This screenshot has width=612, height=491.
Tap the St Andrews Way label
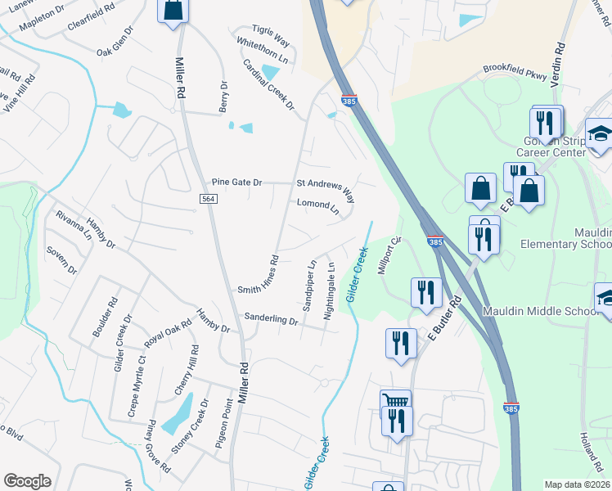pyautogui.click(x=326, y=190)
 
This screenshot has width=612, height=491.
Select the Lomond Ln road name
pyautogui.click(x=317, y=205)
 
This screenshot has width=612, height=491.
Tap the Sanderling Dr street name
pyautogui.click(x=271, y=320)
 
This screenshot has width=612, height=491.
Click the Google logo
pyautogui.click(x=27, y=481)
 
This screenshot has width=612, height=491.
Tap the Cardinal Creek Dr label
pyautogui.click(x=268, y=85)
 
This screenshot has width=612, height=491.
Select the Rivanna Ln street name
pyautogui.click(x=73, y=225)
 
